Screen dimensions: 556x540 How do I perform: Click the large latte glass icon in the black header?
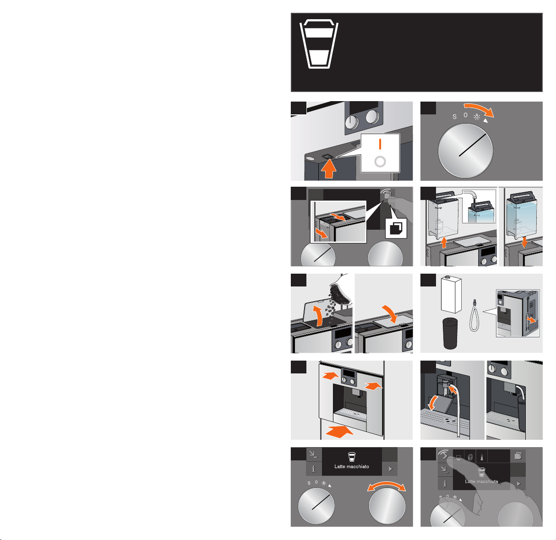pyautogui.click(x=319, y=44)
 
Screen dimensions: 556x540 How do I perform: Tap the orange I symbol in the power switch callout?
pyautogui.click(x=380, y=144)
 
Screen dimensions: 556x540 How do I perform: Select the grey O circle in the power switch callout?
pyautogui.click(x=380, y=162)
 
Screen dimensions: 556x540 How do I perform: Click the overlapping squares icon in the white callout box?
pyautogui.click(x=396, y=228)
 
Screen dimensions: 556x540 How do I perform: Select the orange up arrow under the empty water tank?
pyautogui.click(x=444, y=243)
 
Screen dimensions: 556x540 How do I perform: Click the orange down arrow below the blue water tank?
pyautogui.click(x=524, y=242)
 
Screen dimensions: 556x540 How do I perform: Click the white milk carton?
pyautogui.click(x=451, y=294)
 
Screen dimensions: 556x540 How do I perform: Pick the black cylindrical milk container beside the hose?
pyautogui.click(x=450, y=333)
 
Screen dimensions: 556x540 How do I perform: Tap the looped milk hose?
pyautogui.click(x=474, y=315)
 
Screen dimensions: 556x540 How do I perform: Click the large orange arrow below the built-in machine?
pyautogui.click(x=339, y=432)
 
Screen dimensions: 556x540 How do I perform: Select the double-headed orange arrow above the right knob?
pyautogui.click(x=387, y=486)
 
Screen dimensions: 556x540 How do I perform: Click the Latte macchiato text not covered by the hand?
pyautogui.click(x=351, y=466)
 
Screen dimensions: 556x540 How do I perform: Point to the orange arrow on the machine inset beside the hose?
pyautogui.click(x=531, y=320)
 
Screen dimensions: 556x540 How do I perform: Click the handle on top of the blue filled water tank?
pyautogui.click(x=523, y=196)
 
